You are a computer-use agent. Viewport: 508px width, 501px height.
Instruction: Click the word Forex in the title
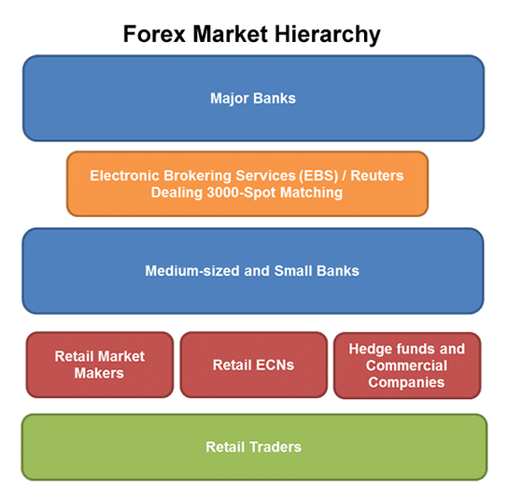point(154,34)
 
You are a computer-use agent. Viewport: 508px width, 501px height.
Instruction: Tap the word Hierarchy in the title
point(327,35)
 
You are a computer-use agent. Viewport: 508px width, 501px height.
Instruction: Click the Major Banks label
point(253,98)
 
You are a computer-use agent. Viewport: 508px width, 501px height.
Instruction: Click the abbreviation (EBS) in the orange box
point(318,176)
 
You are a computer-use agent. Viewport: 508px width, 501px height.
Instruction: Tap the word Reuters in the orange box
point(376,176)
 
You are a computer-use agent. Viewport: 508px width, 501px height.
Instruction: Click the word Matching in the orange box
point(311,193)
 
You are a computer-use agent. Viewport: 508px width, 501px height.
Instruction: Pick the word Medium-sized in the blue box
point(192,271)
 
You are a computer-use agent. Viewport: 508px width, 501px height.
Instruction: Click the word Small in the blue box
point(293,271)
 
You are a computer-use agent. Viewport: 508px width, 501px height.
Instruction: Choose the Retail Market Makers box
point(100,365)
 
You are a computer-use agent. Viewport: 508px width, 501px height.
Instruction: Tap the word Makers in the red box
point(99,373)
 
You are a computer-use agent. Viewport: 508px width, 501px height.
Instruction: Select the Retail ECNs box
point(254,365)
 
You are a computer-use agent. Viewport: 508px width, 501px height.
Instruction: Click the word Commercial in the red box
point(406,365)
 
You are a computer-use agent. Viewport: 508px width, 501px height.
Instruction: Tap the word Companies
point(406,382)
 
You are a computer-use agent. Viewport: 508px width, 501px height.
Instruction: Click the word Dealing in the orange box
point(176,193)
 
